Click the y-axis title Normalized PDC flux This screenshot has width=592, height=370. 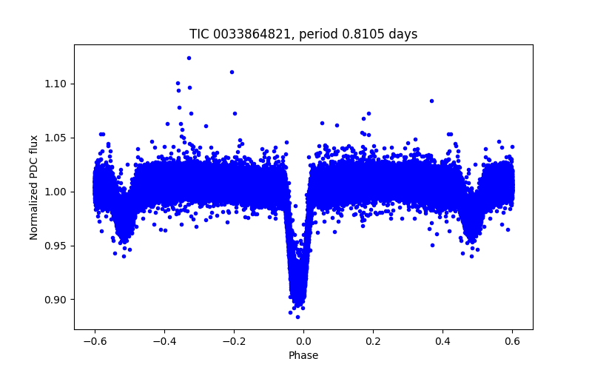coord(34,186)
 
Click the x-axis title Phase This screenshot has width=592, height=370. coord(303,355)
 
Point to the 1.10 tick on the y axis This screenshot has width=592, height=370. coord(57,84)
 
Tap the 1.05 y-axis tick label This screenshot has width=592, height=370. coord(57,138)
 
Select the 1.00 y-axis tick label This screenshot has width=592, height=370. coord(57,192)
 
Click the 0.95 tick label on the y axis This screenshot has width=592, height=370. coord(57,246)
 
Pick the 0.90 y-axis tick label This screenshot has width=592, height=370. coord(57,300)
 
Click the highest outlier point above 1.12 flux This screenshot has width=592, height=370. coord(189,58)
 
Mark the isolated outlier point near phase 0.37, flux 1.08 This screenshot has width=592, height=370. coord(431,101)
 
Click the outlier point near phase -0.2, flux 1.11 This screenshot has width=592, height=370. coord(232,72)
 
